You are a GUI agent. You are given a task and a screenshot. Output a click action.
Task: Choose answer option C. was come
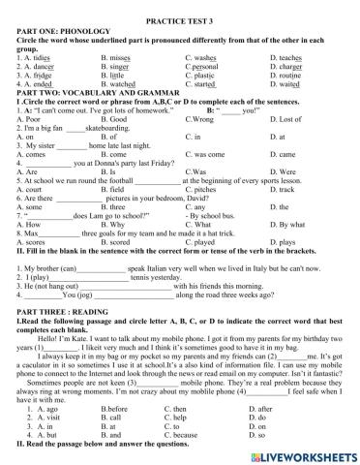(x=205, y=154)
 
